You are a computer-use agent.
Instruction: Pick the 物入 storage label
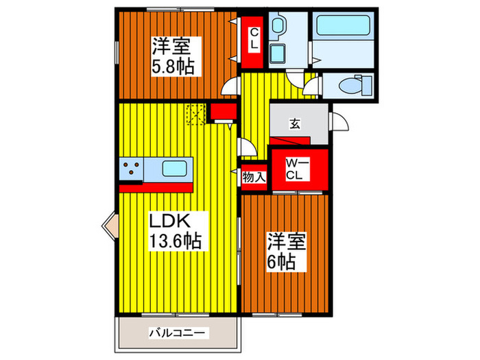coord(254,177)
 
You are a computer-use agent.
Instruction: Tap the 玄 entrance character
coord(294,124)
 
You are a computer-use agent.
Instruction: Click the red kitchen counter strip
coord(156,185)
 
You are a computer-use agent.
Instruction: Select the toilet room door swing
coord(312,85)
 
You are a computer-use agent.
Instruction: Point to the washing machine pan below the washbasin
coord(278,54)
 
